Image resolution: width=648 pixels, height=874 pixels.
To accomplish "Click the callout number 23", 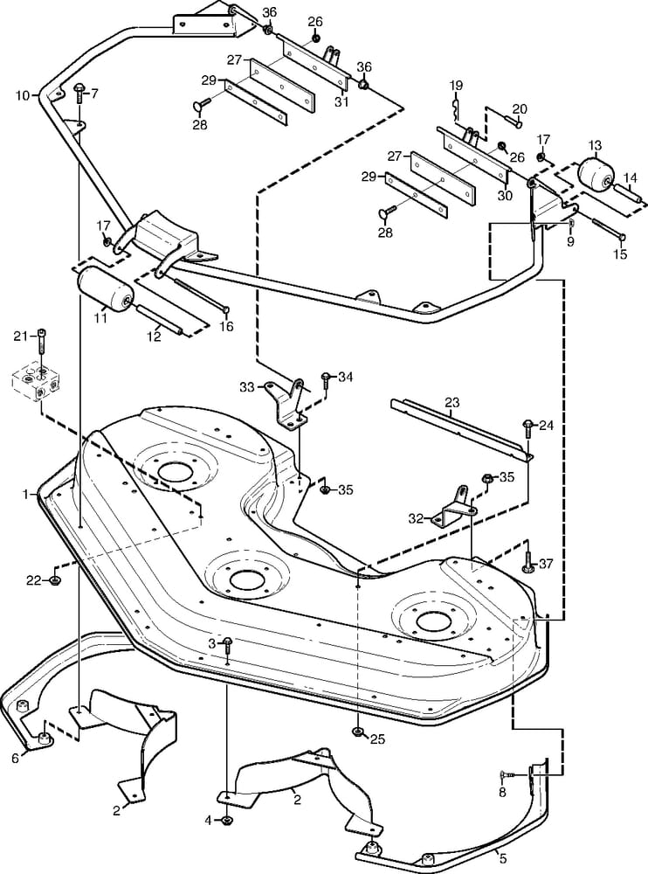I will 451,403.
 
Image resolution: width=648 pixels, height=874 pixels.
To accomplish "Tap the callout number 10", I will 22,94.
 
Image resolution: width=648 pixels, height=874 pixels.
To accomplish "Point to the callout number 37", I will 547,564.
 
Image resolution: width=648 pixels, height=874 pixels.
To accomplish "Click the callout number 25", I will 377,739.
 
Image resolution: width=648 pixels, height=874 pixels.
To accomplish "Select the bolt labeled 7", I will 79,90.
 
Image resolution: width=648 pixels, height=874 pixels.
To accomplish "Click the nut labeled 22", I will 56,580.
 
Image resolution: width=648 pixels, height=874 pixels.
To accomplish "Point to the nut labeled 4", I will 226,820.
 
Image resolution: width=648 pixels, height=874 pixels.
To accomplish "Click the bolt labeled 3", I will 227,648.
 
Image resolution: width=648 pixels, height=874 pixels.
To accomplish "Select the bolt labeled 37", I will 528,560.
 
